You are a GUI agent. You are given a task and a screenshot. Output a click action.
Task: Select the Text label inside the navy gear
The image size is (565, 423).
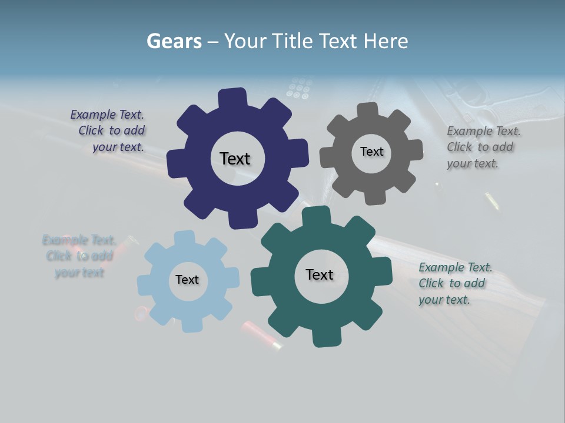coord(235,159)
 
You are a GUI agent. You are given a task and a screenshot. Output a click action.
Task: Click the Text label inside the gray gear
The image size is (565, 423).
coord(371,152)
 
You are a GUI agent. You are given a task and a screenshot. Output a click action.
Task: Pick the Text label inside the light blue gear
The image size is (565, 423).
coord(187,280)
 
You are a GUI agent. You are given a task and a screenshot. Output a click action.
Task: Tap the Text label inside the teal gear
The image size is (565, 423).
coord(320,274)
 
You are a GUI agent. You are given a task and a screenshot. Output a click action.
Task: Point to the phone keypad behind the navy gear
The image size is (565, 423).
coord(299,88)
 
